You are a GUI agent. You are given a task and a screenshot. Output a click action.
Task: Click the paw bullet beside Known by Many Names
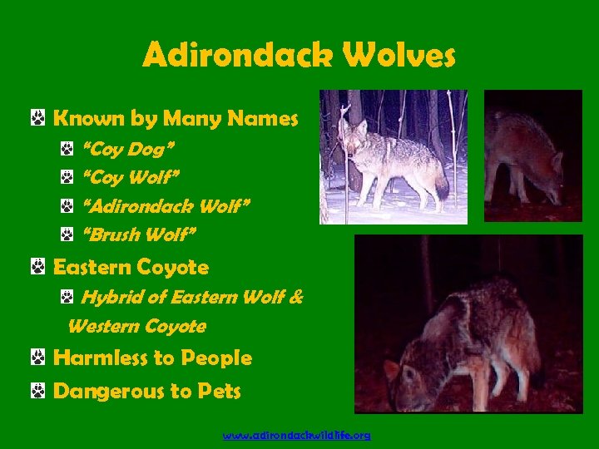pyautogui.click(x=37, y=120)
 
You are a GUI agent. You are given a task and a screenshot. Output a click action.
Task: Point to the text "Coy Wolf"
pyautogui.click(x=131, y=178)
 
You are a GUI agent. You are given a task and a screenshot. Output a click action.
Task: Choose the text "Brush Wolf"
pyautogui.click(x=140, y=235)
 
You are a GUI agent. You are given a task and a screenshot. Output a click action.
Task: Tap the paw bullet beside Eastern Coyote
pyautogui.click(x=37, y=267)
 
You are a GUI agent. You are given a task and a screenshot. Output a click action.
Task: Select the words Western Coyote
pyautogui.click(x=136, y=326)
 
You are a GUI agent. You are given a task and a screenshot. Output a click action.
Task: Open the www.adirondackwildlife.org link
pyautogui.click(x=297, y=435)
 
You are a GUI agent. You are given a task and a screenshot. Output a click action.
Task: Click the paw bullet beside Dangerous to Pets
pyautogui.click(x=37, y=391)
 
